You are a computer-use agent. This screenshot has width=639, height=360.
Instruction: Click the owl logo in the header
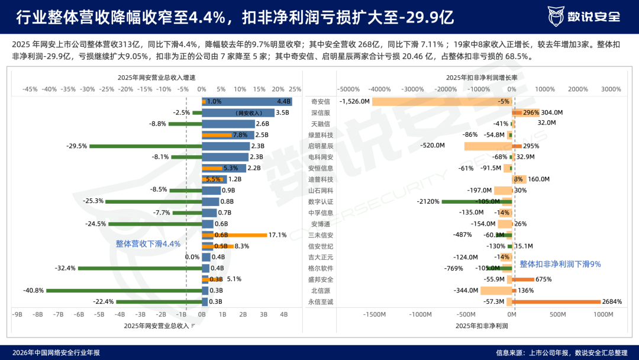click(556, 17)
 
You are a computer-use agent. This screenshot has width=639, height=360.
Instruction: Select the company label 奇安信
click(320, 101)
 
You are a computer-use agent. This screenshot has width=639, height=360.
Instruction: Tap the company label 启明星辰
click(320, 146)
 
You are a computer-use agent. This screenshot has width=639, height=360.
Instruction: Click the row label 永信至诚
click(320, 302)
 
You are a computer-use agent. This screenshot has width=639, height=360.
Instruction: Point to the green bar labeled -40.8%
click(124, 291)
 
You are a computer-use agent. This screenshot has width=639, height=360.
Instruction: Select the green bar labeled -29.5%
click(146, 146)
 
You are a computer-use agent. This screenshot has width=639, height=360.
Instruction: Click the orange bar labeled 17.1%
click(234, 235)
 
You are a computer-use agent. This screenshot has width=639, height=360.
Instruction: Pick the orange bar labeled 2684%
click(556, 302)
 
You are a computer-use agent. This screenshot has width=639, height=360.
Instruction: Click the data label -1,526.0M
click(354, 101)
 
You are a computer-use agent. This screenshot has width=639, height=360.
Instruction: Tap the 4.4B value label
click(283, 101)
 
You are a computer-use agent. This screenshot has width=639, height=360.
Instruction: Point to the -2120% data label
click(428, 201)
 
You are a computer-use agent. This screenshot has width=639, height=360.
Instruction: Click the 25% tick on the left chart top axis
click(295, 89)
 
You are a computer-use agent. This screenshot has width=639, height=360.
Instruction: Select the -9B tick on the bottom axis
click(17, 314)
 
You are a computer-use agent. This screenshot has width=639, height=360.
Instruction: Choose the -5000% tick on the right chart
click(348, 89)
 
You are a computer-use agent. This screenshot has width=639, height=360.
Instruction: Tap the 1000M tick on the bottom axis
click(603, 314)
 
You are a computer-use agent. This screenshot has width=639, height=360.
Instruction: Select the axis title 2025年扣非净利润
click(482, 326)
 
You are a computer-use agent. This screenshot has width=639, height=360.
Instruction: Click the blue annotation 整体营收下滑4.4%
click(148, 244)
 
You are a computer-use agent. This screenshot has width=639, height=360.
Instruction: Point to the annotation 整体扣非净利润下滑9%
click(560, 264)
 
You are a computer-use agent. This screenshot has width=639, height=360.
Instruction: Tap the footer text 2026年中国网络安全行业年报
click(56, 353)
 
